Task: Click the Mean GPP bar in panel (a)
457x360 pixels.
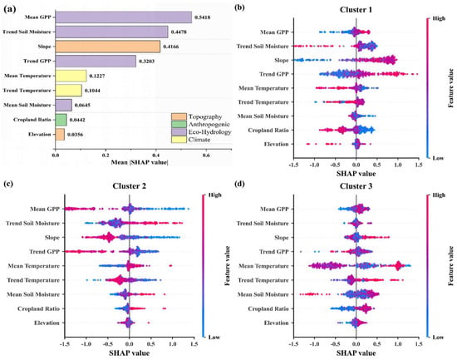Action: (124, 17)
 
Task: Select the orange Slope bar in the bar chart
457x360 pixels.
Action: (107, 47)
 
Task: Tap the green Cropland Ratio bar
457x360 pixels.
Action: (61, 120)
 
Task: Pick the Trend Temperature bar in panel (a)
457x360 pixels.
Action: (68, 91)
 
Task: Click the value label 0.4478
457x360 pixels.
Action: (179, 32)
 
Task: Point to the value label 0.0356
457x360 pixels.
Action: (75, 135)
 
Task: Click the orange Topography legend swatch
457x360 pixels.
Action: (179, 116)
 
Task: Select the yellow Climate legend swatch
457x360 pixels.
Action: (179, 140)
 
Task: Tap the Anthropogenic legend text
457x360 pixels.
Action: (209, 124)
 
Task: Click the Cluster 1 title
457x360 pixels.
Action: (356, 10)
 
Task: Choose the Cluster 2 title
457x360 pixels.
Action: (129, 186)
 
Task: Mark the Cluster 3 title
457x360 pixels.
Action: (356, 186)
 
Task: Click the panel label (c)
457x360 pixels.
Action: (8, 184)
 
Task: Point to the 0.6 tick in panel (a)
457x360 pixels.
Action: (206, 155)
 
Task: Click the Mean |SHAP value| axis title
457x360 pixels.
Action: (140, 162)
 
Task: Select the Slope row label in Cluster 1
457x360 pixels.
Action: (281, 60)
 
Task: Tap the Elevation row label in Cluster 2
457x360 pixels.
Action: (47, 323)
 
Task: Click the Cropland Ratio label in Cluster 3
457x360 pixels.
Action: (268, 308)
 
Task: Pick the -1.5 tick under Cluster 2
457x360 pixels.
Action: (65, 344)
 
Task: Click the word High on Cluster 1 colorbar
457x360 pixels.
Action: (439, 18)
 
